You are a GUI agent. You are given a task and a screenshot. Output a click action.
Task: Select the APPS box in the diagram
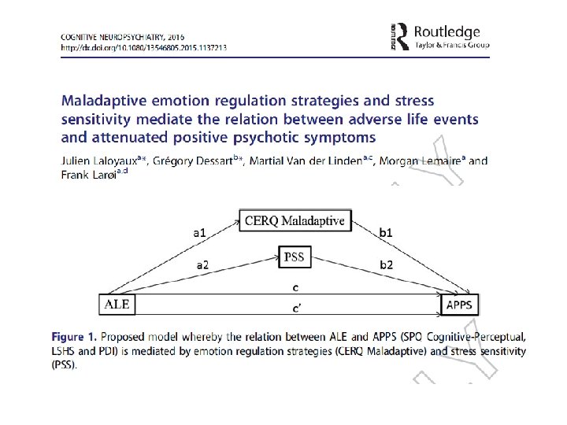[459, 304]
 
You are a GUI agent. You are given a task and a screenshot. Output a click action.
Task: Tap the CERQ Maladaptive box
[295, 220]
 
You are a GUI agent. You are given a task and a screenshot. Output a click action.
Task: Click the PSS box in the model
[295, 256]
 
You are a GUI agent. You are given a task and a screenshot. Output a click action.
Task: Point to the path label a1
[200, 233]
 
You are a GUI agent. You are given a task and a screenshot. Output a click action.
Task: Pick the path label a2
[202, 265]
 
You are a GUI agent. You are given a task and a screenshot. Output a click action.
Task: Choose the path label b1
[387, 233]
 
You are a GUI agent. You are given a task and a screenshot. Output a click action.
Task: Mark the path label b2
[386, 265]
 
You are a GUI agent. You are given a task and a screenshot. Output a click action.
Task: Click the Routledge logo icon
[399, 37]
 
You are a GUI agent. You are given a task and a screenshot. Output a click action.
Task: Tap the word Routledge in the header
[447, 32]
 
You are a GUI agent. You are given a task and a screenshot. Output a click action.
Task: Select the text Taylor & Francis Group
[452, 46]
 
